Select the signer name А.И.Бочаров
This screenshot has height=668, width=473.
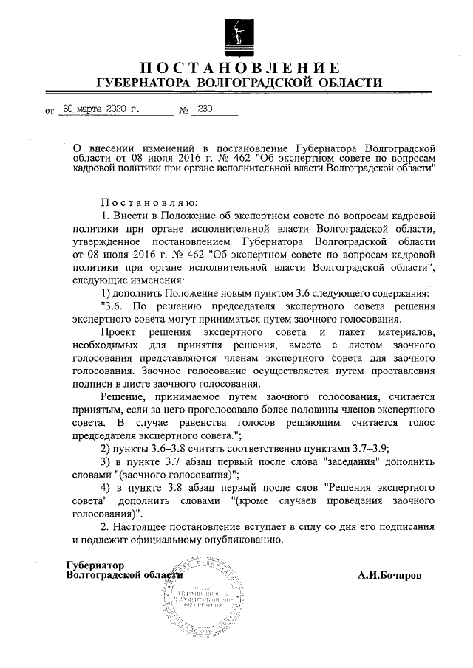pyautogui.click(x=389, y=576)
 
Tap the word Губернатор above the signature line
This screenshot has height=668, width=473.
pyautogui.click(x=94, y=565)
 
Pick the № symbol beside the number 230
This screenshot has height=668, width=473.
pyautogui.click(x=183, y=109)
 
